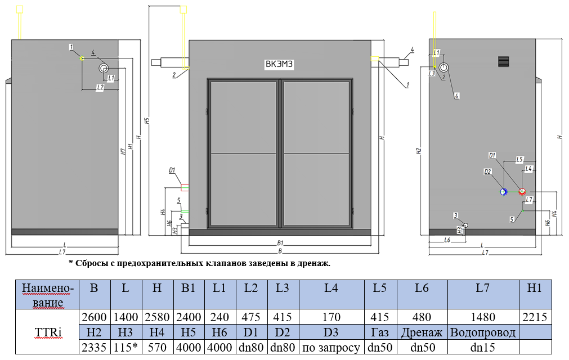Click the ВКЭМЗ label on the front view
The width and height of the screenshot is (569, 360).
tap(280, 64)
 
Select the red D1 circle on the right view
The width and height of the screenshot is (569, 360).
tap(522, 192)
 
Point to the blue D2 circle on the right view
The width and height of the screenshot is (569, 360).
tap(504, 192)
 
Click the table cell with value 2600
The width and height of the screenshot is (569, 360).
tap(95, 317)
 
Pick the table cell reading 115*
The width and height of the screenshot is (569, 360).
tap(127, 347)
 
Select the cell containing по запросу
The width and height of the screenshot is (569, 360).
tap(331, 347)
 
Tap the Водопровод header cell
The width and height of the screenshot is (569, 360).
tap(483, 332)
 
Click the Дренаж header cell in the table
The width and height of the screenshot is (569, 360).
tap(422, 332)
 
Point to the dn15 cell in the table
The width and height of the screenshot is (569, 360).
tap(483, 347)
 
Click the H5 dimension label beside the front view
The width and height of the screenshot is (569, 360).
tap(146, 120)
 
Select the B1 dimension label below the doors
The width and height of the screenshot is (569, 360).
tap(280, 242)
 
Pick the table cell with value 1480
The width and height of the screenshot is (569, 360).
tap(483, 317)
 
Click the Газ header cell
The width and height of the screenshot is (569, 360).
tap(380, 332)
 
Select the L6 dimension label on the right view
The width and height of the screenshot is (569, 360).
tap(447, 240)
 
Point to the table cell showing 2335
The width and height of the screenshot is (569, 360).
tap(95, 347)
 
